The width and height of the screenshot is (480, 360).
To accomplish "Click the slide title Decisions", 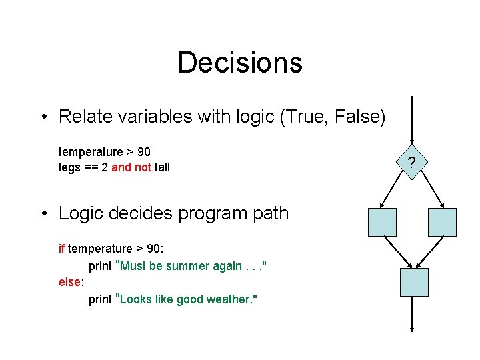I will point(240,63).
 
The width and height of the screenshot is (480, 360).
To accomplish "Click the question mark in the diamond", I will point(412,162).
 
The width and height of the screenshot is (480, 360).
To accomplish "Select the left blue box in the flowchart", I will point(382,222).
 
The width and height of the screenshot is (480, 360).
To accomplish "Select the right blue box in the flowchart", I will point(442,222).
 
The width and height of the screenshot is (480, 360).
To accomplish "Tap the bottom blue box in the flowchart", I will point(413,282).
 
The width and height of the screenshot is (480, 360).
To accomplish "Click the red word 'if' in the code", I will point(62,249).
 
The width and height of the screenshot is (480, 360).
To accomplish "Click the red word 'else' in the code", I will point(69,282).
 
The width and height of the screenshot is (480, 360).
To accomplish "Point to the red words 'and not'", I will point(131,167).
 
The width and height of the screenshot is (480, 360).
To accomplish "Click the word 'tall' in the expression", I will point(162,167).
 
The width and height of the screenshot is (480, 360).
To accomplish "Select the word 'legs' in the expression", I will point(70,167).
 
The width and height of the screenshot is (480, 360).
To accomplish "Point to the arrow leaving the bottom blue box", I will point(413,313).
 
